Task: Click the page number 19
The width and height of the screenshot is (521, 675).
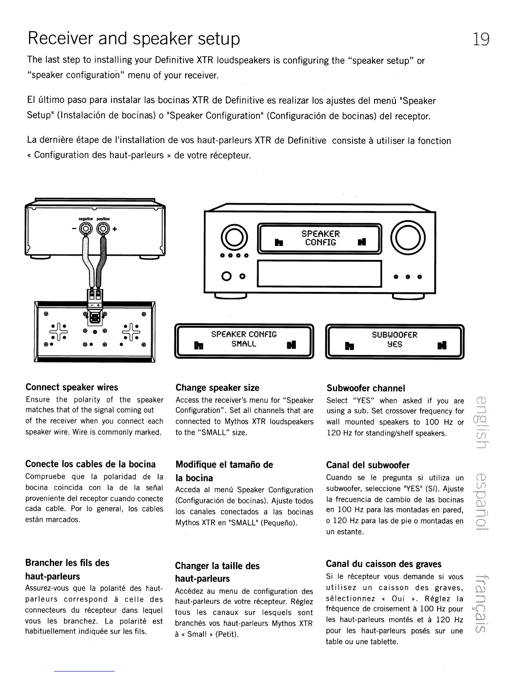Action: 481,39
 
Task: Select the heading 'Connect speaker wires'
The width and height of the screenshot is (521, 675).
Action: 72,387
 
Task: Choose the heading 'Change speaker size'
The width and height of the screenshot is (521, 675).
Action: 218,388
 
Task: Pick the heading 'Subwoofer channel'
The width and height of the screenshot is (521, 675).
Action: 366,388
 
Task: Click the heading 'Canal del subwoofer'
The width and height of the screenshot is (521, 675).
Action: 367,465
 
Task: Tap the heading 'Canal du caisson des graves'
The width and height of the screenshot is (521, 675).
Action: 384,564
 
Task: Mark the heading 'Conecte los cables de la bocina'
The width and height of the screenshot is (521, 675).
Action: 91,464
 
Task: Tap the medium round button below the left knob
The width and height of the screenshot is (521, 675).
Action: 226,276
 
